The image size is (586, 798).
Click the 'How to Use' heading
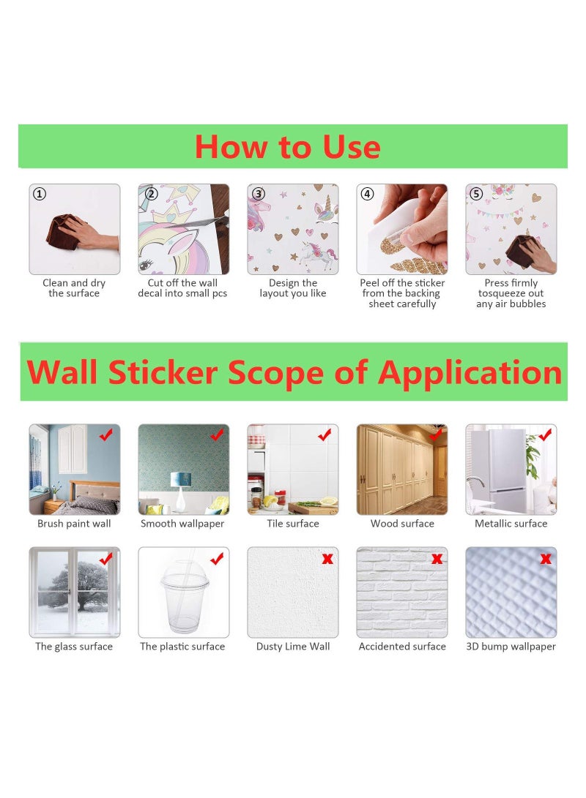pyautogui.click(x=287, y=146)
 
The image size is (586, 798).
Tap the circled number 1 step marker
pyautogui.click(x=40, y=194)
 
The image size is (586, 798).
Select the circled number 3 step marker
pyautogui.click(x=258, y=194)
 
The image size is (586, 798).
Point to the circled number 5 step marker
pyautogui.click(x=476, y=194)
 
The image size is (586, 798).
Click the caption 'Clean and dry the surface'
pyautogui.click(x=74, y=288)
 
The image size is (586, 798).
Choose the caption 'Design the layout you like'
pyautogui.click(x=293, y=288)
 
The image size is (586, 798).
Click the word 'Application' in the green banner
pyautogui.click(x=470, y=372)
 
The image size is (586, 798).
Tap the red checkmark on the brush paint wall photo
pyautogui.click(x=106, y=435)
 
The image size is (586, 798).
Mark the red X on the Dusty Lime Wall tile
pyautogui.click(x=327, y=559)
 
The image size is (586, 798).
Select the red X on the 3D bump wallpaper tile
pyautogui.click(x=546, y=559)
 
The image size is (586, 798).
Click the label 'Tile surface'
pyautogui.click(x=293, y=524)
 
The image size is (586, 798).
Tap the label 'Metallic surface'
pyautogui.click(x=511, y=524)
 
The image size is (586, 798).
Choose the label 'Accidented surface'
pyautogui.click(x=402, y=647)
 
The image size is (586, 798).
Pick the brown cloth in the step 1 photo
pyautogui.click(x=64, y=230)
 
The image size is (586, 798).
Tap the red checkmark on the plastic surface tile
pyautogui.click(x=217, y=559)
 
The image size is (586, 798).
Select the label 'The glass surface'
pyautogui.click(x=74, y=647)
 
